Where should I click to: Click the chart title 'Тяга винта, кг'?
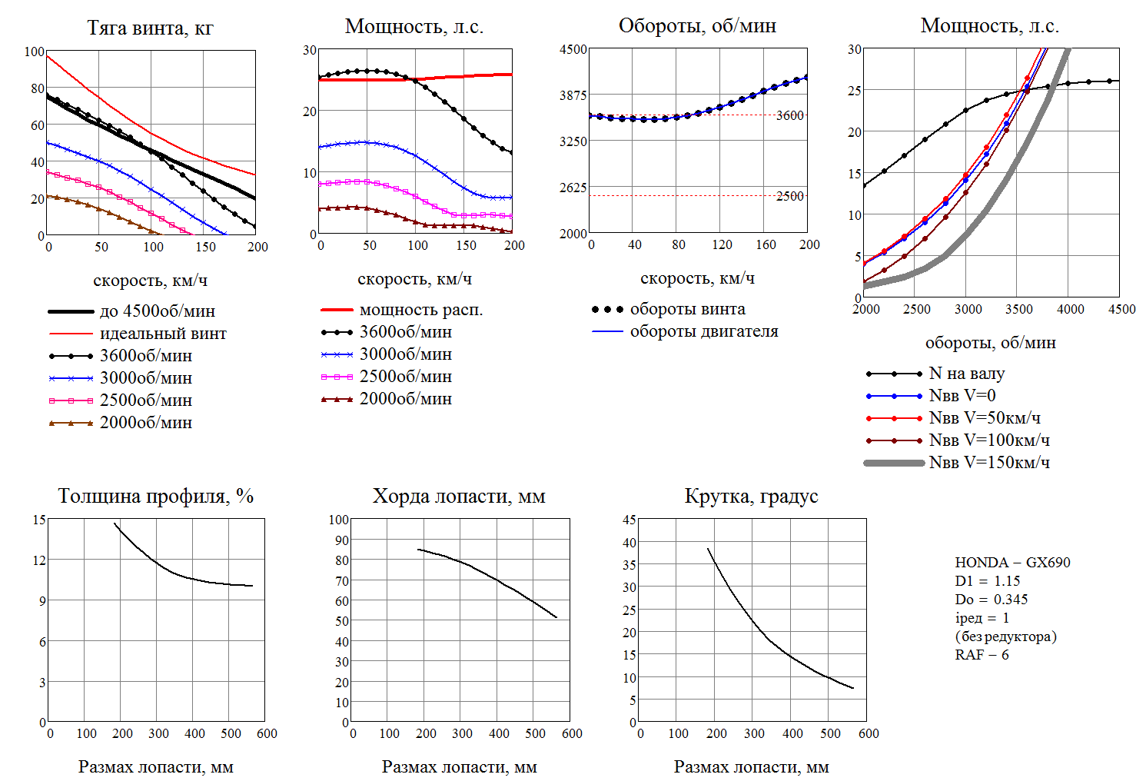pyautogui.click(x=150, y=28)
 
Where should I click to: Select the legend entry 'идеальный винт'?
pyautogui.click(x=163, y=334)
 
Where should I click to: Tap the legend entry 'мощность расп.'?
pyautogui.click(x=421, y=310)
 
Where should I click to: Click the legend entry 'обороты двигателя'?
pyautogui.click(x=704, y=331)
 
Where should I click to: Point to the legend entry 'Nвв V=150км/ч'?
pyautogui.click(x=989, y=463)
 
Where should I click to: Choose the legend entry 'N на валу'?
pyautogui.click(x=967, y=374)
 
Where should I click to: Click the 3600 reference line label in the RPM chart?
pyautogui.click(x=789, y=115)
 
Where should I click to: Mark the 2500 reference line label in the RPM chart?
pyautogui.click(x=789, y=196)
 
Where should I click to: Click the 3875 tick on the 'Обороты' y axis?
pyautogui.click(x=573, y=95)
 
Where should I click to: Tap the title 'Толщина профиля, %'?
pyautogui.click(x=156, y=497)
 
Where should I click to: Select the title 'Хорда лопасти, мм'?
pyautogui.click(x=459, y=497)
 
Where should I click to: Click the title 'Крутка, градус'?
pyautogui.click(x=751, y=497)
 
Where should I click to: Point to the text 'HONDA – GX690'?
pyautogui.click(x=1012, y=563)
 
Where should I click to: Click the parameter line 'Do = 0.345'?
pyautogui.click(x=991, y=600)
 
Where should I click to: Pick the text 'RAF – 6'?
pyautogui.click(x=982, y=655)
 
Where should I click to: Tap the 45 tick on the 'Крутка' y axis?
pyautogui.click(x=629, y=520)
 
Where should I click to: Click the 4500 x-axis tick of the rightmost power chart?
pyautogui.click(x=1121, y=309)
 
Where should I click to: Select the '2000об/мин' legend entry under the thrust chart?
pyautogui.click(x=146, y=423)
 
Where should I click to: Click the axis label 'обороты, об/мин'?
pyautogui.click(x=990, y=343)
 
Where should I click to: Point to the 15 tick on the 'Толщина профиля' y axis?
pyautogui.click(x=39, y=520)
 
